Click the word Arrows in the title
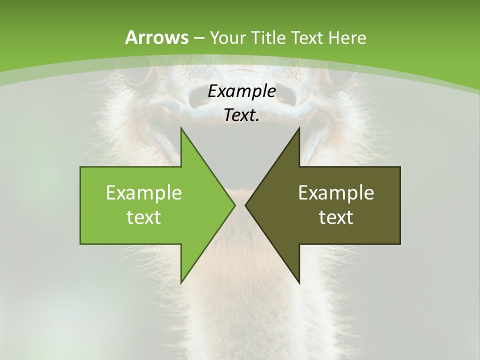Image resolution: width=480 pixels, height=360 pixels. pyautogui.click(x=156, y=37)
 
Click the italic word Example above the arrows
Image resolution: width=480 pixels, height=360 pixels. pyautogui.click(x=241, y=91)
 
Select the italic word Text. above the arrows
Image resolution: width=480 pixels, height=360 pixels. pyautogui.click(x=241, y=115)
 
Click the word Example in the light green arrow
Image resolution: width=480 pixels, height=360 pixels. pyautogui.click(x=144, y=193)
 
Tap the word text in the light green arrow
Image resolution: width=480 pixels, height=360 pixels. pyautogui.click(x=144, y=217)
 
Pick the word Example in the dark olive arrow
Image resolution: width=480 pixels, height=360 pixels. pyautogui.click(x=336, y=193)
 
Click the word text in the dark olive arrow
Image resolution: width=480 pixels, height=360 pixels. pyautogui.click(x=336, y=217)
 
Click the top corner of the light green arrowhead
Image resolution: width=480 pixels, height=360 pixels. pyautogui.click(x=181, y=128)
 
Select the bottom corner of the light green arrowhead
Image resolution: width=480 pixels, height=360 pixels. pyautogui.click(x=181, y=282)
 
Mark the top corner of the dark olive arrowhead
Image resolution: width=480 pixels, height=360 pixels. pyautogui.click(x=299, y=128)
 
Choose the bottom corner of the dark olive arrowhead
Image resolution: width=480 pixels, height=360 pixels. pyautogui.click(x=299, y=282)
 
